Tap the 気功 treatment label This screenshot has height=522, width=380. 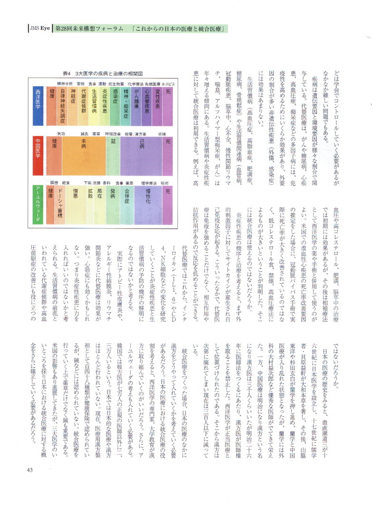[x=61, y=134]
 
